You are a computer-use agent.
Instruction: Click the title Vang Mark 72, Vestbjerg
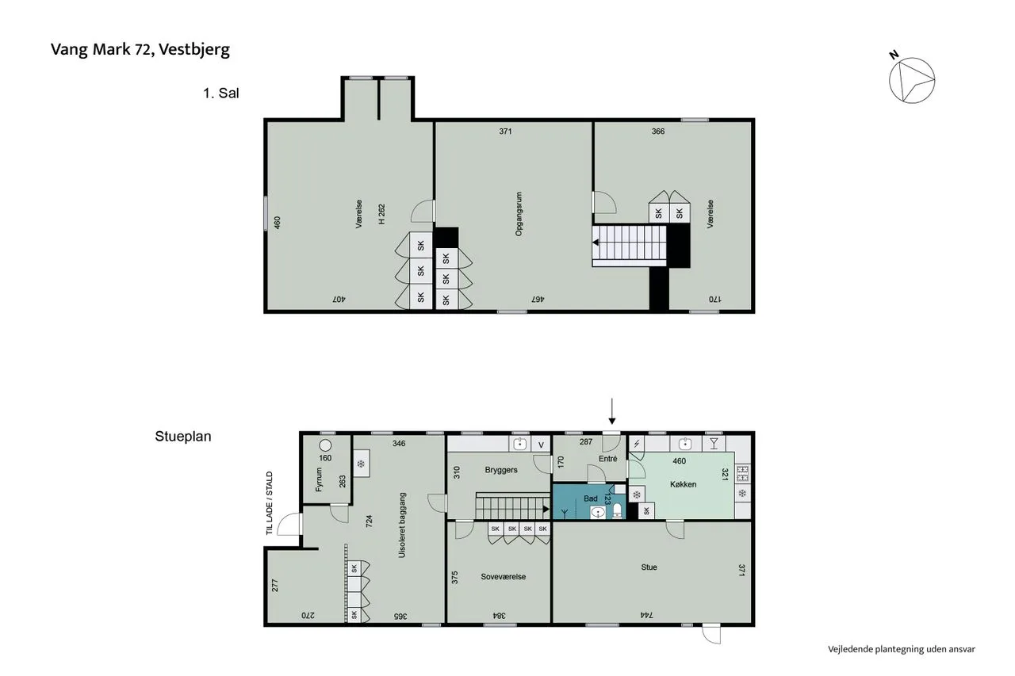pos(140,50)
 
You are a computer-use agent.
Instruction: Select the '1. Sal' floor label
pos(220,94)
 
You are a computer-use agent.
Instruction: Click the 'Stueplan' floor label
pos(183,436)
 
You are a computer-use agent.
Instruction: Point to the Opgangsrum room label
pos(519,214)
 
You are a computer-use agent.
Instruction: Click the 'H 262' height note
pos(381,214)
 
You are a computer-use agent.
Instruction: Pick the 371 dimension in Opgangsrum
pos(505,132)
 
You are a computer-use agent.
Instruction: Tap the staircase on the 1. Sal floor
pos(630,246)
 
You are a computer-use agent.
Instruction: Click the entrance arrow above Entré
pos(611,411)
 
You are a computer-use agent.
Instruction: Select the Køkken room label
pos(683,484)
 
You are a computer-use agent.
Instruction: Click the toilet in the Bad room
pos(617,511)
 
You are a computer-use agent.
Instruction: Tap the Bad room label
pos(591,498)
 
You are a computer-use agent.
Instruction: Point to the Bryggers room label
pos(500,469)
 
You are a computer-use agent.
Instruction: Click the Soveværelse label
pos(503,576)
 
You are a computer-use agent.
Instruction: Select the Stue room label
pos(649,567)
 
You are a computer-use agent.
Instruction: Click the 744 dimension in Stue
pos(646,615)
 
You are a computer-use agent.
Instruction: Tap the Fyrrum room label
pos(320,479)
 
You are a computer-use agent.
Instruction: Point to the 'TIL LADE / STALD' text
pos(270,503)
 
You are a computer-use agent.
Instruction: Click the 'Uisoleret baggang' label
pos(401,525)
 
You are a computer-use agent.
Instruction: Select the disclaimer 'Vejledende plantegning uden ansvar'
pos(902,649)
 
